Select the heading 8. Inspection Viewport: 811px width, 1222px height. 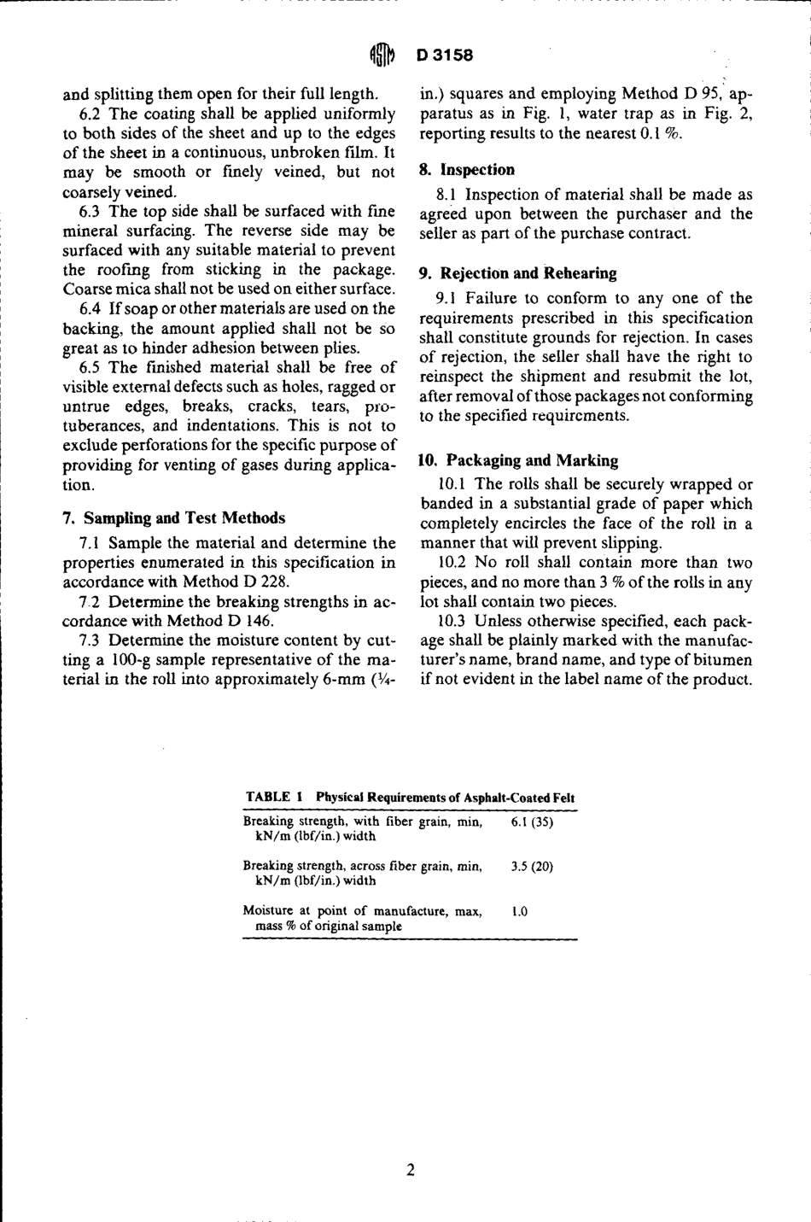[x=467, y=170]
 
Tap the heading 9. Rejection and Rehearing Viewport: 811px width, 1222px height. [x=517, y=273]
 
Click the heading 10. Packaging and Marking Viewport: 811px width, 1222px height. [x=518, y=460]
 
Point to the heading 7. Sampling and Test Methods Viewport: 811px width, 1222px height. [x=174, y=517]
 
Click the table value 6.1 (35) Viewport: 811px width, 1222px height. [x=532, y=822]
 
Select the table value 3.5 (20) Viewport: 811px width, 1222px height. [x=532, y=866]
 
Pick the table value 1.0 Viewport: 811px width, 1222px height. [x=519, y=911]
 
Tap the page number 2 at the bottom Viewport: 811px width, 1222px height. [x=411, y=1169]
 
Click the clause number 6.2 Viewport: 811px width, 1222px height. [x=90, y=114]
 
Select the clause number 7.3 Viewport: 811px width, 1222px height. [x=90, y=640]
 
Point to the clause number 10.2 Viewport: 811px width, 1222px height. [x=451, y=563]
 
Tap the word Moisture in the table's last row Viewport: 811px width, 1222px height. [x=267, y=911]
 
